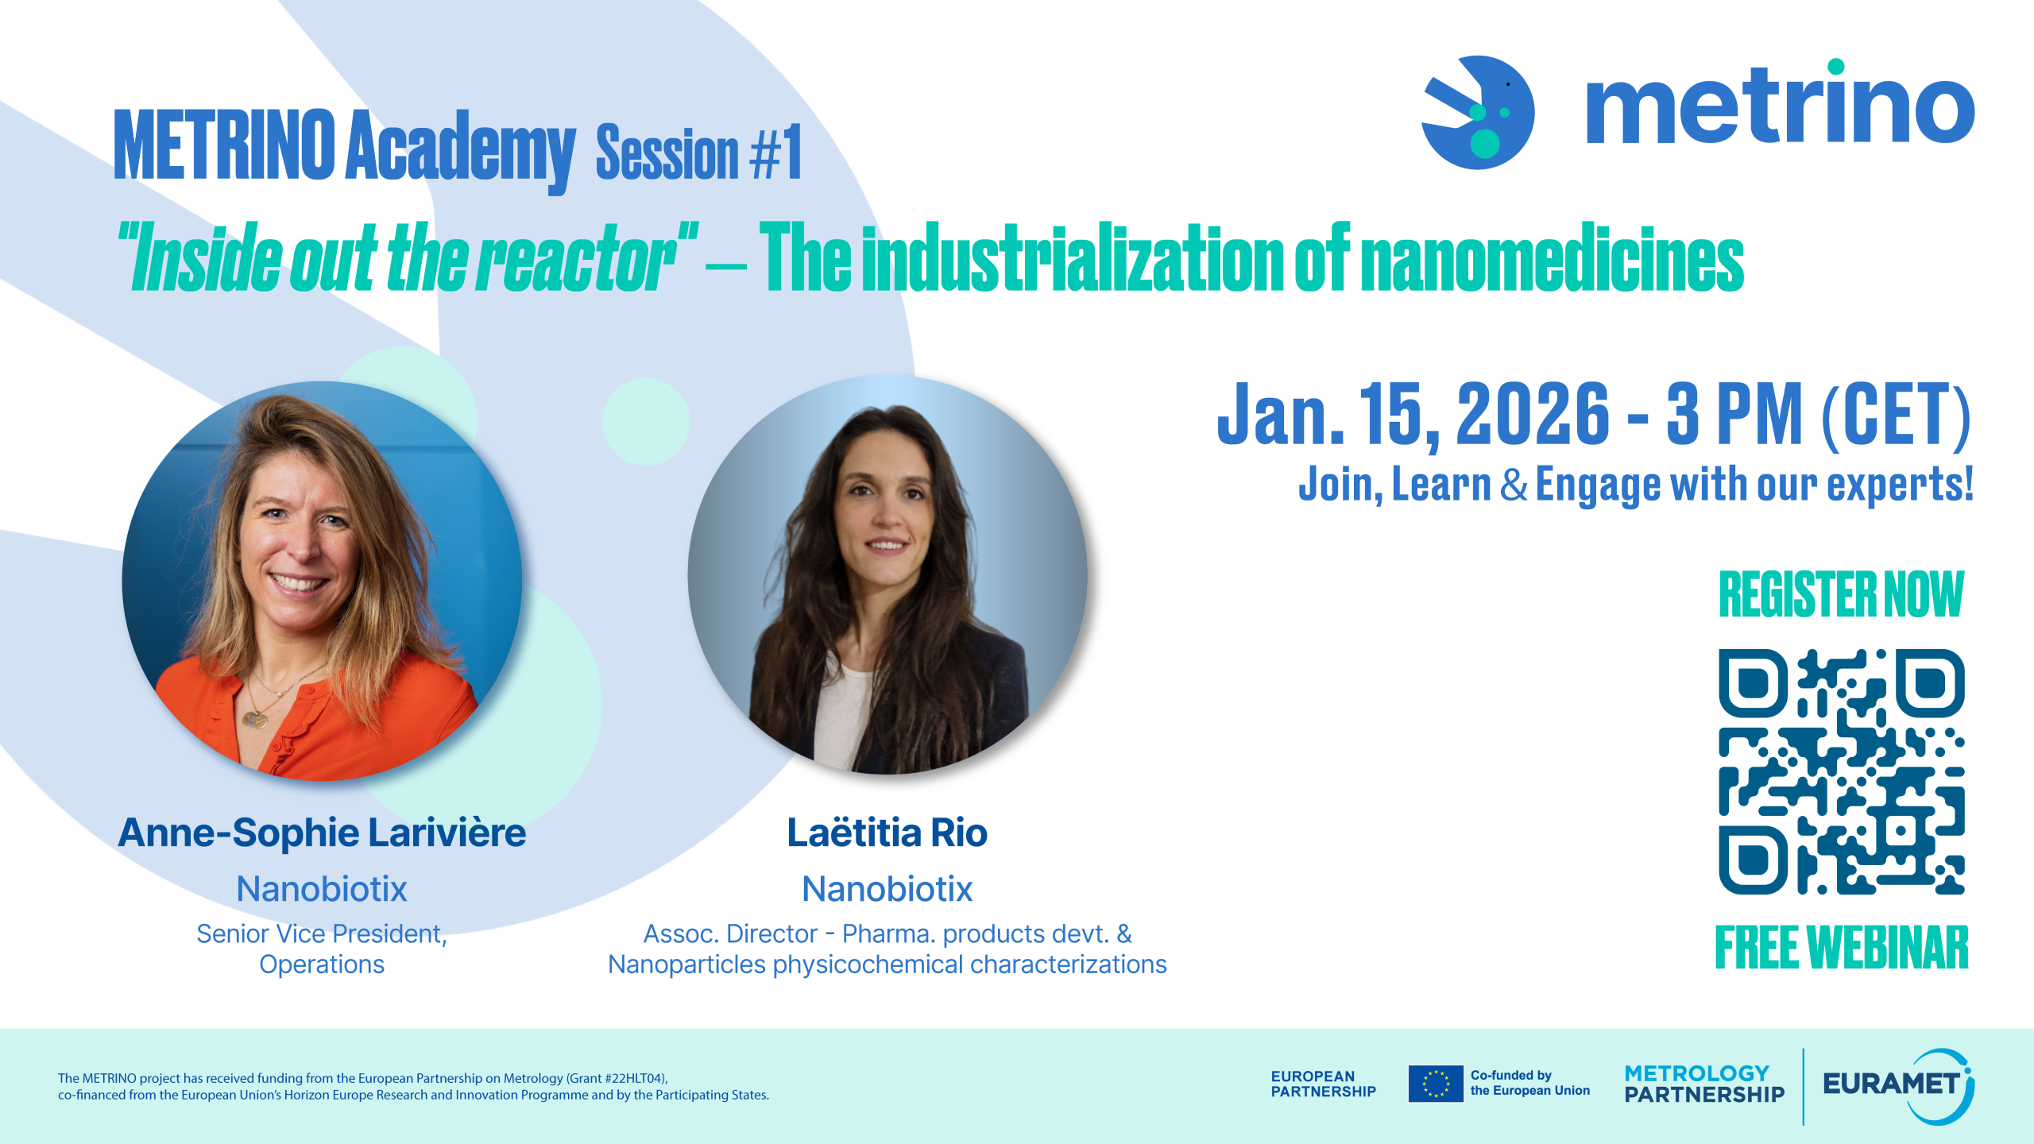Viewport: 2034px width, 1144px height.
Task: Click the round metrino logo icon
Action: [1478, 113]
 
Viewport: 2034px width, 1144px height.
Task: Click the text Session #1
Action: [698, 153]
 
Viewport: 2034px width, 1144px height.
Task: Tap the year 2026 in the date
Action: [1533, 414]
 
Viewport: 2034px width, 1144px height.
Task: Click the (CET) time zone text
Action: [1896, 415]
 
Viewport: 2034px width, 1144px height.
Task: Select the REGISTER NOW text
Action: [1841, 594]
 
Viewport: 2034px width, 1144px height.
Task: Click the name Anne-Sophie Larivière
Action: [322, 833]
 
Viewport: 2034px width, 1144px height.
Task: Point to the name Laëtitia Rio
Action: [887, 833]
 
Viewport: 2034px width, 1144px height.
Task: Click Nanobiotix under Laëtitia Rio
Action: [887, 889]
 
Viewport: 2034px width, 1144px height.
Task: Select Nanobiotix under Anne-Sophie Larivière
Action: [322, 889]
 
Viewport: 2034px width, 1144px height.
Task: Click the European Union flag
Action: [1435, 1084]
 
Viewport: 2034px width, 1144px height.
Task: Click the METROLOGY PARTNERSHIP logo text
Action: [1703, 1084]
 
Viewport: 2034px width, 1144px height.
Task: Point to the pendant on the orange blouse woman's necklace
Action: [255, 719]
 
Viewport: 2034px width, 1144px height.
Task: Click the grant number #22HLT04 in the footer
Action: [632, 1078]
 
